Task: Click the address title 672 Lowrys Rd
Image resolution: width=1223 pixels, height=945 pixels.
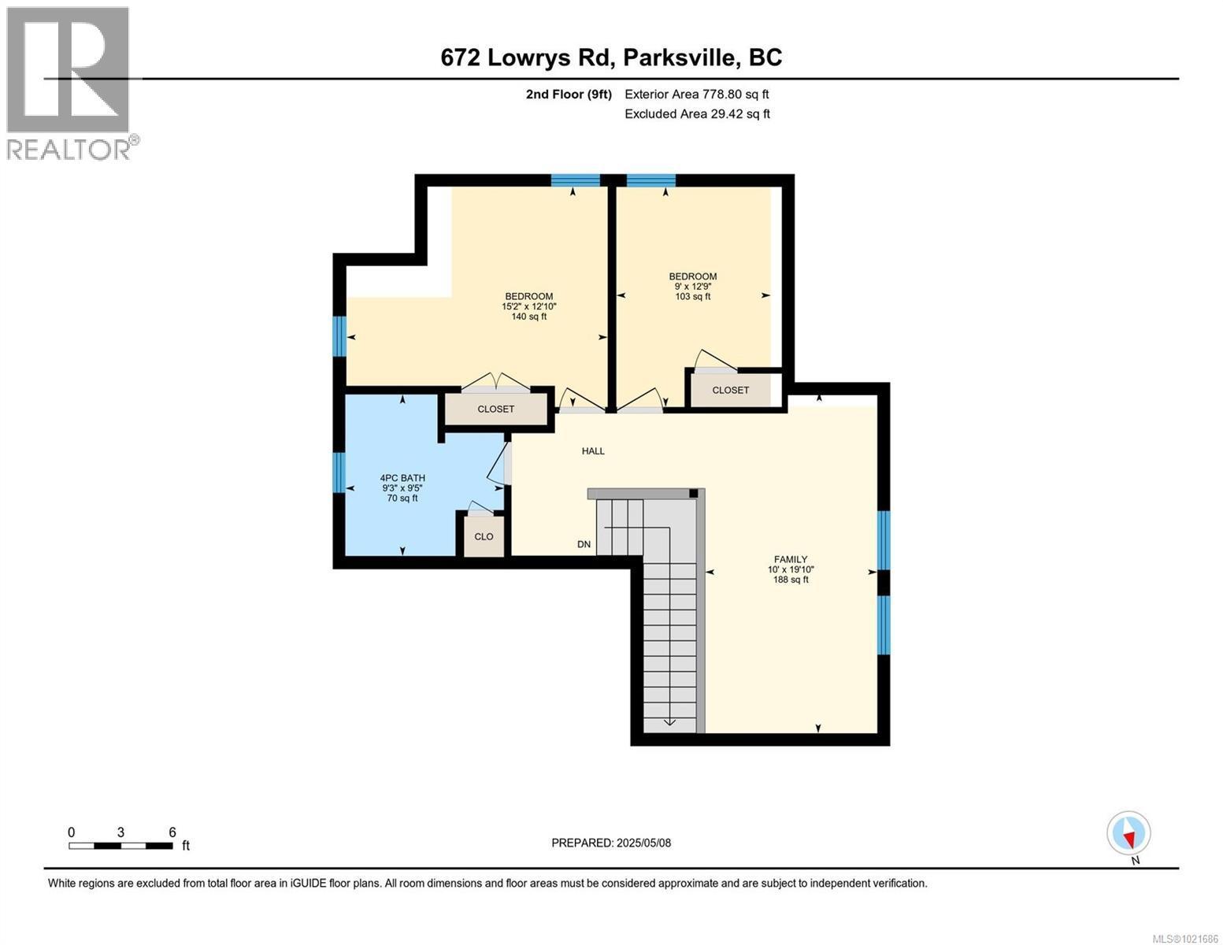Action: tap(611, 57)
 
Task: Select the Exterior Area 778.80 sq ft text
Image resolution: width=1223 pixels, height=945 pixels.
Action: tap(696, 94)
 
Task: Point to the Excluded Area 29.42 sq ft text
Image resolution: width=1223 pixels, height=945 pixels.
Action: tap(697, 114)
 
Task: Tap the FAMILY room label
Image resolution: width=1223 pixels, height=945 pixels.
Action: tap(790, 569)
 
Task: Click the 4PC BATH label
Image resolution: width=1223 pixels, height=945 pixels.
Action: tap(402, 487)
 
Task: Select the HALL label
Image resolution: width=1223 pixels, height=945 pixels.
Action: tap(593, 451)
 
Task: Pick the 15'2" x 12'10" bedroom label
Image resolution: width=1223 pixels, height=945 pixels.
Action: tap(528, 306)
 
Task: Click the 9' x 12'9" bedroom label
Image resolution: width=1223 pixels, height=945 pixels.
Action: tap(692, 287)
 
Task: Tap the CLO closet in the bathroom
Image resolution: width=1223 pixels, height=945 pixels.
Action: tap(484, 536)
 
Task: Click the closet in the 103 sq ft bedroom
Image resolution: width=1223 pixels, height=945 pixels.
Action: tap(730, 390)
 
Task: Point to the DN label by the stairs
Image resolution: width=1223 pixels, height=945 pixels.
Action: tap(584, 544)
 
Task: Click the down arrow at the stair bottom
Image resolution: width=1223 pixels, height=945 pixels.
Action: tap(669, 721)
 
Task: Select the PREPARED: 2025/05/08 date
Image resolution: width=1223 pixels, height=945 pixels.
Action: tap(611, 843)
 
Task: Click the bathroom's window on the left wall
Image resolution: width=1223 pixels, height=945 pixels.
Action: tap(339, 472)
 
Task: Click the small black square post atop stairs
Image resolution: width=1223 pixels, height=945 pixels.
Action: tap(693, 494)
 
